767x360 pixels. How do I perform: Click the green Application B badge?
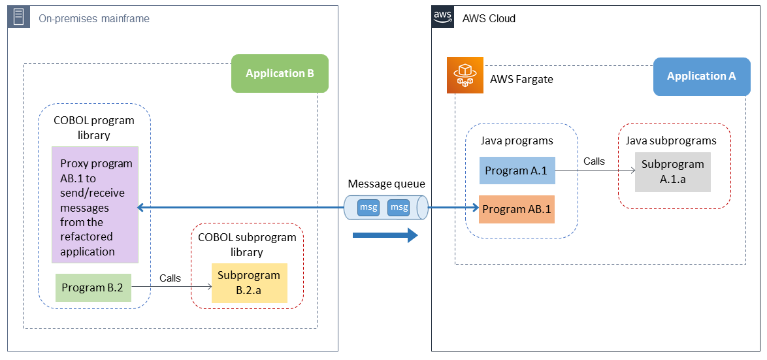pyautogui.click(x=280, y=73)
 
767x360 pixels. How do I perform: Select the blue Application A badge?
pyautogui.click(x=701, y=76)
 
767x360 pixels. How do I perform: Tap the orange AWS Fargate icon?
pyautogui.click(x=464, y=76)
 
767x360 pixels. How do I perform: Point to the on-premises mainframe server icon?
pyautogui.click(x=19, y=18)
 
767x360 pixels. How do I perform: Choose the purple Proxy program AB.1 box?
pyautogui.click(x=95, y=205)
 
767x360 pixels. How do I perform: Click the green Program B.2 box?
pyautogui.click(x=93, y=287)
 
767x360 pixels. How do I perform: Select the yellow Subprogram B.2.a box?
pyautogui.click(x=249, y=283)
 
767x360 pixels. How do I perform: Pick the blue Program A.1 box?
pyautogui.click(x=517, y=170)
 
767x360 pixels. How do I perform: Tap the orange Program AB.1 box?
pyautogui.click(x=517, y=210)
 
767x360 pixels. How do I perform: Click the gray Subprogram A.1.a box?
pyautogui.click(x=672, y=172)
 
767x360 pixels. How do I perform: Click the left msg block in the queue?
pyautogui.click(x=368, y=208)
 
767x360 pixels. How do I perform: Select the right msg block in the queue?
pyautogui.click(x=399, y=208)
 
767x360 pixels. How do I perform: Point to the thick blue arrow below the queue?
pyautogui.click(x=385, y=235)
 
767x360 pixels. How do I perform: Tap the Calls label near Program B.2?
pyautogui.click(x=170, y=278)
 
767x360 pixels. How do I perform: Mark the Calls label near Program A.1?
pyautogui.click(x=594, y=161)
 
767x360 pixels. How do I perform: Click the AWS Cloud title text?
pyautogui.click(x=489, y=18)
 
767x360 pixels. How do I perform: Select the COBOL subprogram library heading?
pyautogui.click(x=247, y=244)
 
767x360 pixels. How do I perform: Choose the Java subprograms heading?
pyautogui.click(x=671, y=140)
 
